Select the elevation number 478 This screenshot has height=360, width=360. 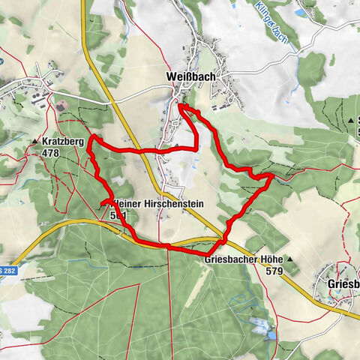pyautogui.click(x=51, y=153)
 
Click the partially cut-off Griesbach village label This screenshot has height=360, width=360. pyautogui.click(x=343, y=284)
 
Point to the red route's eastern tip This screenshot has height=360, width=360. pyautogui.click(x=272, y=177)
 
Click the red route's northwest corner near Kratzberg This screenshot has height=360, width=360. pyautogui.click(x=91, y=138)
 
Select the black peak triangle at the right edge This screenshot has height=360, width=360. pyautogui.click(x=351, y=119)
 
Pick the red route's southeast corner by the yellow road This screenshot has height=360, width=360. pyautogui.click(x=224, y=239)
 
